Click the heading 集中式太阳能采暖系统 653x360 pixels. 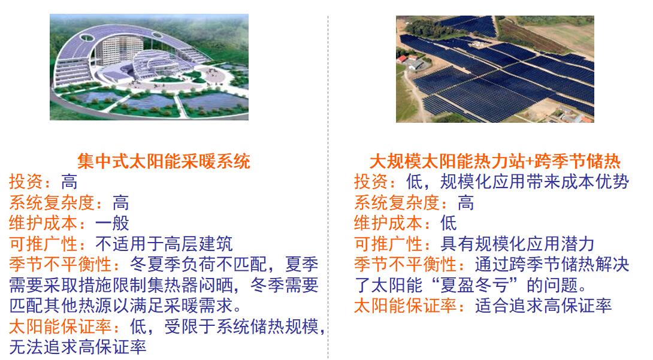[x=163, y=162]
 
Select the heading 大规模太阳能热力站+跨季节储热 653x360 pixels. [x=495, y=162]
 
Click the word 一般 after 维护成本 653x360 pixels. [x=112, y=223]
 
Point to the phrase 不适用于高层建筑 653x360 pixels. [x=164, y=244]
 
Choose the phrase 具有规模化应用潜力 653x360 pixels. [x=517, y=244]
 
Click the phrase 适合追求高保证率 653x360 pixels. [x=543, y=306]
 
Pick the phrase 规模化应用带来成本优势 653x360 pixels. [x=534, y=182]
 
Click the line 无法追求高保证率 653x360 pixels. [x=78, y=347]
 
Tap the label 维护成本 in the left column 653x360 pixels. [x=43, y=223]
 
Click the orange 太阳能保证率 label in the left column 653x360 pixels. [x=61, y=326]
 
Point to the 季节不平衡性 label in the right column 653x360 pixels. [x=405, y=265]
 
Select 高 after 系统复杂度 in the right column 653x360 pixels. [x=465, y=202]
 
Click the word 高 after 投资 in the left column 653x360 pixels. [x=69, y=182]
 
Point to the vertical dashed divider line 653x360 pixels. [x=328, y=187]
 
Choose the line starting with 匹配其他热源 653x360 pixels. [x=125, y=306]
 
